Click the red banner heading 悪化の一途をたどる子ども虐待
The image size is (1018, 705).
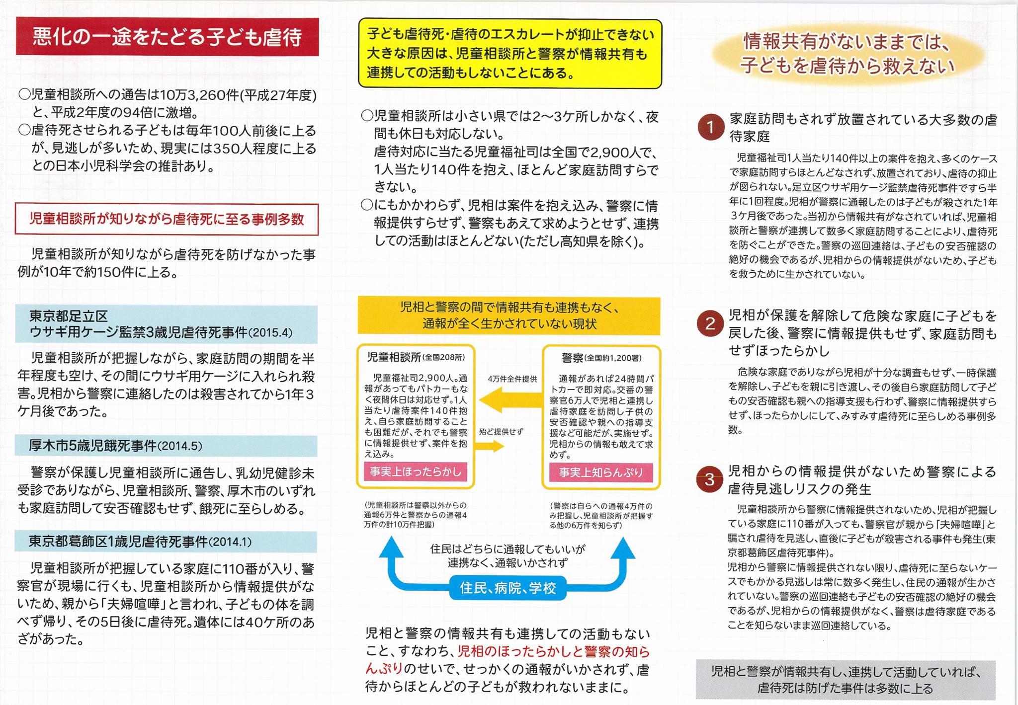[167, 37]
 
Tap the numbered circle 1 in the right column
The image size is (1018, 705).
[710, 127]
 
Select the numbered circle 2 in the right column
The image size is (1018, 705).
[710, 323]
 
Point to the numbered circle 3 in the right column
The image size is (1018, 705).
[709, 479]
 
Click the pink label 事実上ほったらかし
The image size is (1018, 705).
[416, 471]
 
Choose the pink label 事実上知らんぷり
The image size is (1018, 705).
[601, 472]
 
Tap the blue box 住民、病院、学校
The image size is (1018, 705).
[508, 588]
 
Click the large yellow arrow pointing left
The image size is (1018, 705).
[509, 400]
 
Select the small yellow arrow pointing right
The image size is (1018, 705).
[490, 446]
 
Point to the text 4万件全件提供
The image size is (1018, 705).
[512, 379]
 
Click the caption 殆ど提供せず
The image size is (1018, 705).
[501, 432]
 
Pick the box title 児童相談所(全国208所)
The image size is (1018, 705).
[416, 357]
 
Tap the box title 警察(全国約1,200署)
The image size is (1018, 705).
[601, 358]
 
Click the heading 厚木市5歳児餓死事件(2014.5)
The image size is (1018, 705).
[115, 446]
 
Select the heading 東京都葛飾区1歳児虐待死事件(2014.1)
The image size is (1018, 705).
[140, 542]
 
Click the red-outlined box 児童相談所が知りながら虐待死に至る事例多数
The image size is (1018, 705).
[167, 219]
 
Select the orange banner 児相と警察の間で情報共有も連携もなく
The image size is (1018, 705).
[509, 315]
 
